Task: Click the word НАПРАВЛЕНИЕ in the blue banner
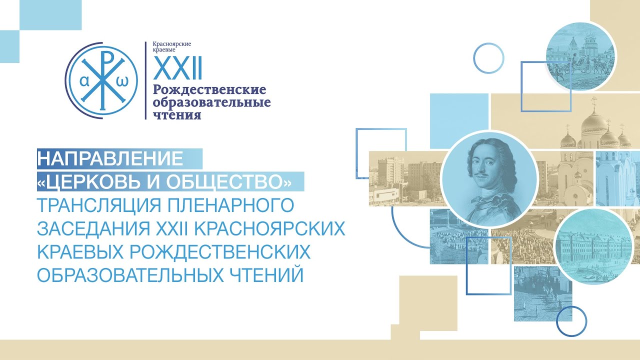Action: pyautogui.click(x=110, y=158)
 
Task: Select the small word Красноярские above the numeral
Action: pyautogui.click(x=172, y=44)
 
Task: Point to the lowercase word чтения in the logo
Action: pyautogui.click(x=177, y=115)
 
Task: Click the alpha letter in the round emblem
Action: pyautogui.click(x=84, y=81)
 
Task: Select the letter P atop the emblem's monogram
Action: pyautogui.click(x=107, y=58)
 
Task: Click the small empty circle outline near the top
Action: pyautogui.click(x=488, y=58)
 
